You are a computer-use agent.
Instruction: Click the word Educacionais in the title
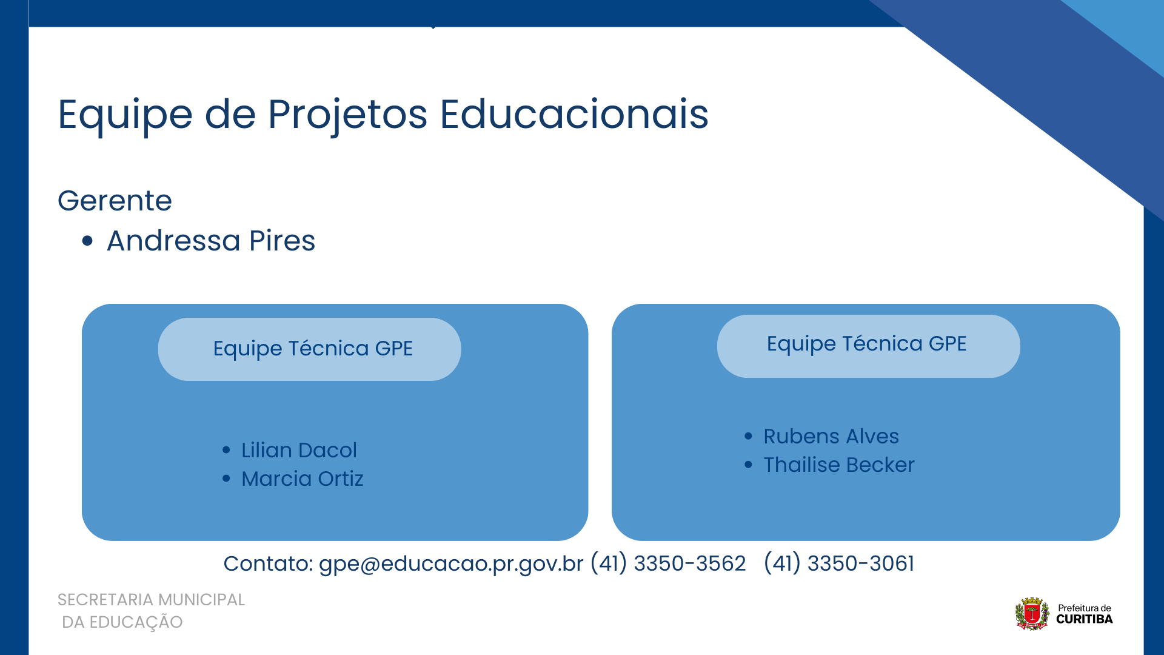[x=574, y=114]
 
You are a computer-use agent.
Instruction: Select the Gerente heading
[x=115, y=201]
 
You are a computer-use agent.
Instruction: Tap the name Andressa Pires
[x=211, y=241]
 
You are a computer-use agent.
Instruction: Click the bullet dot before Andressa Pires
[x=87, y=241]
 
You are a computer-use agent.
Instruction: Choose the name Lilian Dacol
[x=299, y=451]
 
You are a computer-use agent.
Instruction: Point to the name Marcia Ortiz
[x=302, y=479]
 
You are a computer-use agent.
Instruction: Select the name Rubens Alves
[x=831, y=437]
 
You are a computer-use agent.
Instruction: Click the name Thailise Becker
[x=838, y=465]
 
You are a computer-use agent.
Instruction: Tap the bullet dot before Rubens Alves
[x=748, y=437]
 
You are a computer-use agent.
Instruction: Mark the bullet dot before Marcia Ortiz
[x=226, y=479]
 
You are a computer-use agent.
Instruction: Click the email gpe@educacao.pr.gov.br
[x=451, y=564]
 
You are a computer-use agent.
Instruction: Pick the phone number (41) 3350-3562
[x=668, y=563]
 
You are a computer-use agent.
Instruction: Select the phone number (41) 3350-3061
[x=839, y=563]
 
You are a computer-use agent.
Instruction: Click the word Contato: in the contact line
[x=268, y=564]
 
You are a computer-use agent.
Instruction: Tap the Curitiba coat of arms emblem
[x=1032, y=614]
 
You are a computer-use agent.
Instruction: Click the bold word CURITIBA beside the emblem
[x=1084, y=619]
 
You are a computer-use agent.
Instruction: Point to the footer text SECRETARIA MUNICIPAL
[x=151, y=600]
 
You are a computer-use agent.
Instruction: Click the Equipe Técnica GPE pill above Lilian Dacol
[x=309, y=349]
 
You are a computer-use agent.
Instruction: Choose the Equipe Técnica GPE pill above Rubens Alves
[x=868, y=346]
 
